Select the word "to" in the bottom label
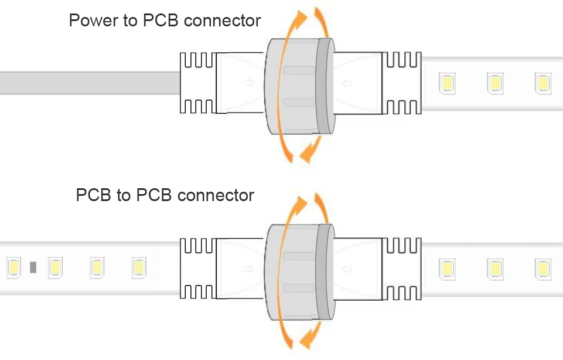[x=123, y=195]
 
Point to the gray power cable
[x=88, y=83]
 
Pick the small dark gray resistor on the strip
[x=33, y=267]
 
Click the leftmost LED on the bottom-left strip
[x=13, y=267]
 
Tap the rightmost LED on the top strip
[x=542, y=83]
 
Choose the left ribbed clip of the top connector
[x=197, y=83]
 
